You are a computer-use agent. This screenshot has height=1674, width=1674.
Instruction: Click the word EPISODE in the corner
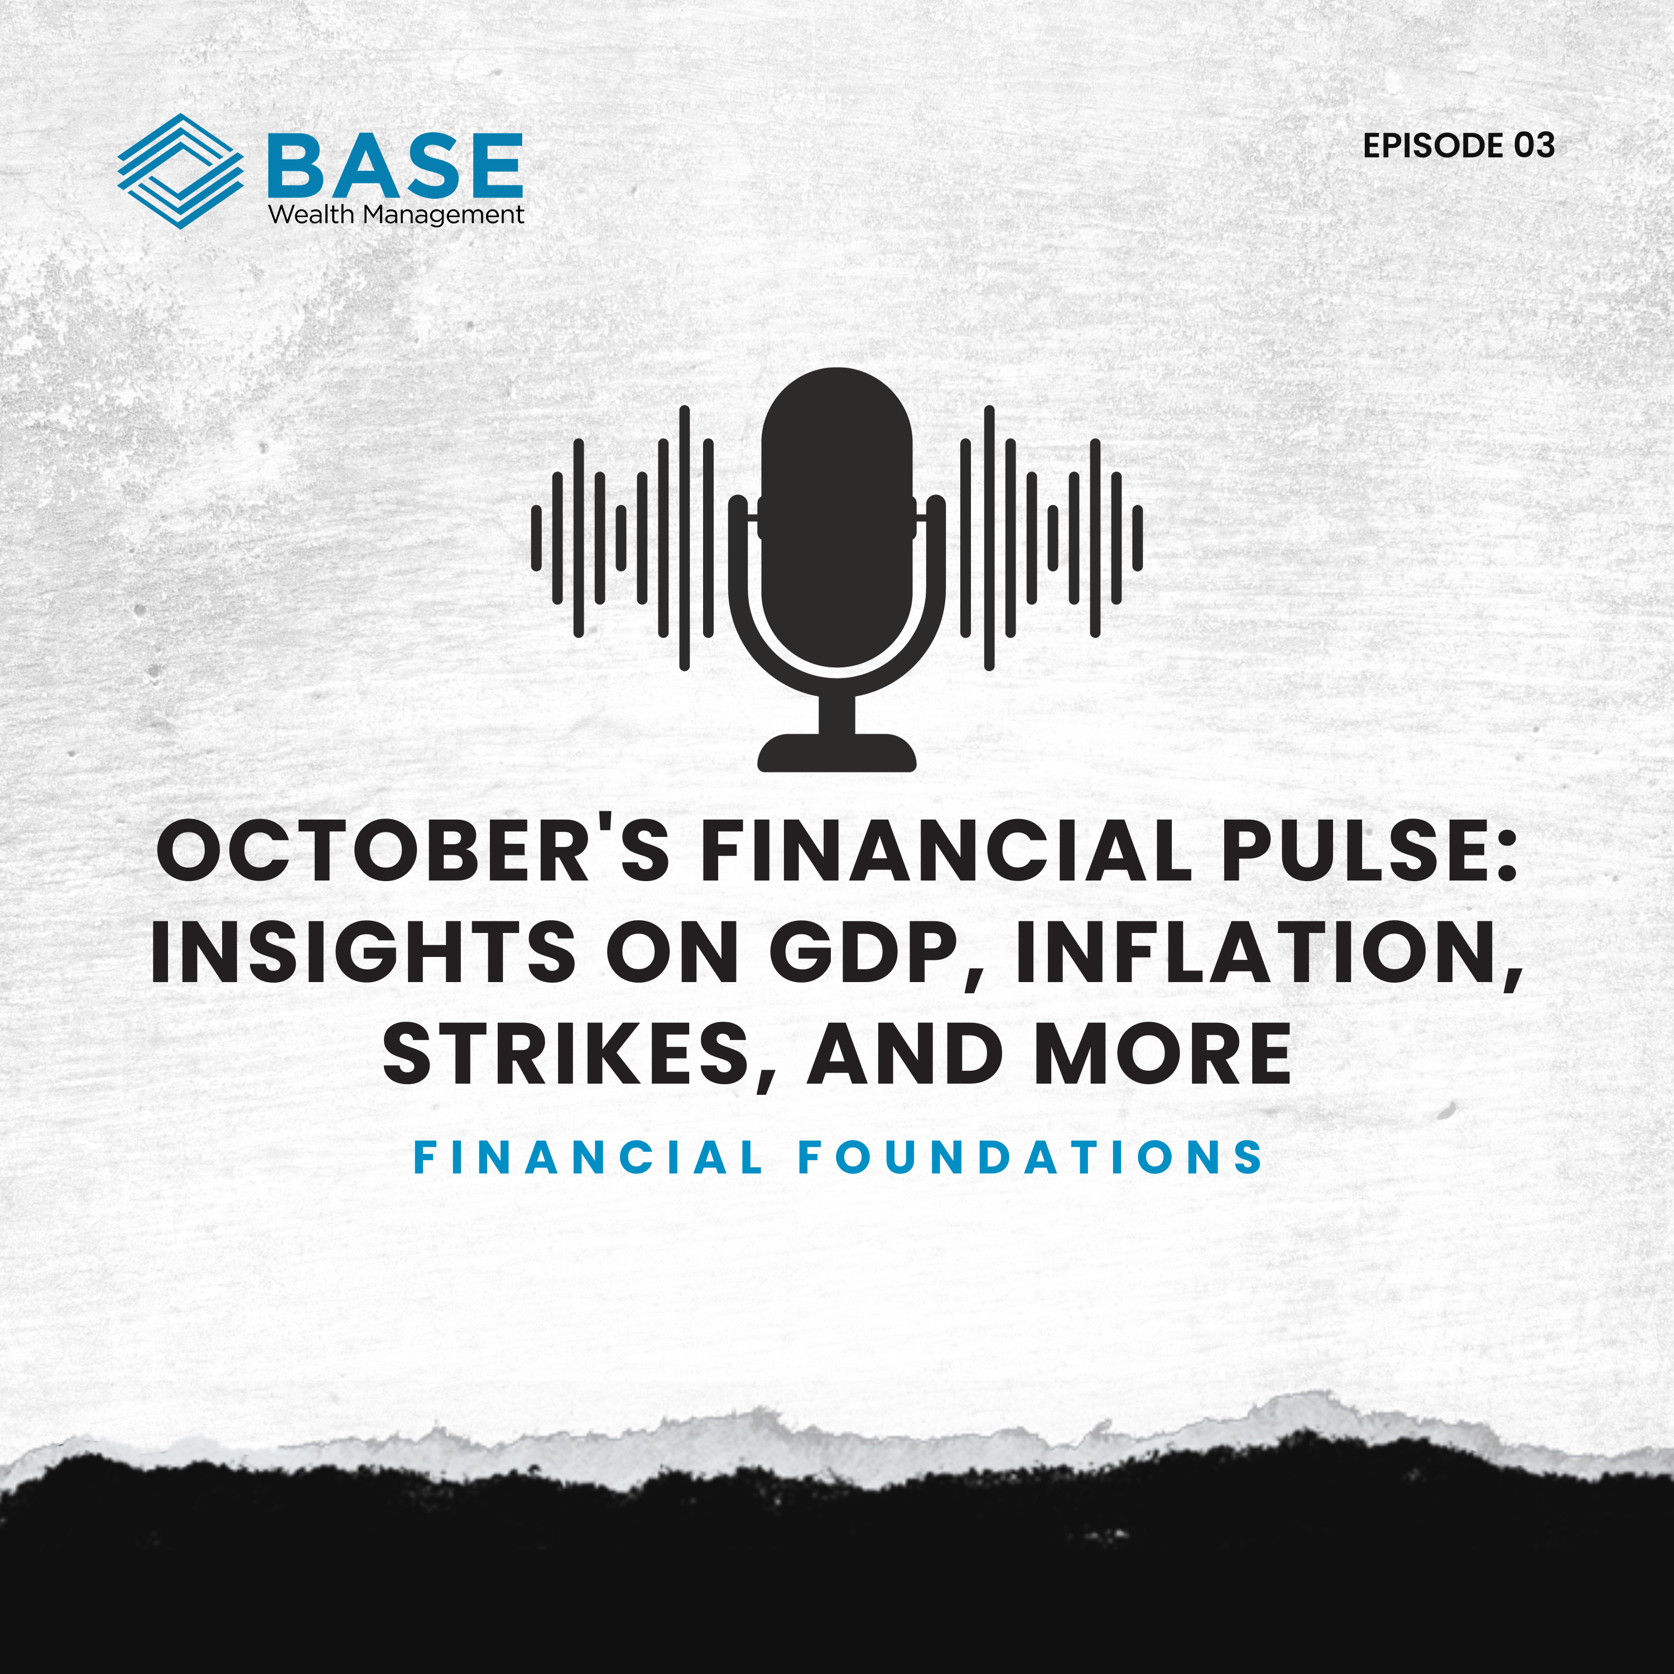(1434, 146)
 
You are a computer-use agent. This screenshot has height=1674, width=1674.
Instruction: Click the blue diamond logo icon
(180, 171)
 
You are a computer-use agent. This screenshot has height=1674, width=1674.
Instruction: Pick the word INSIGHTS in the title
(363, 953)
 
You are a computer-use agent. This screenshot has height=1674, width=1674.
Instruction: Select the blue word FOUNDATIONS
(1030, 1158)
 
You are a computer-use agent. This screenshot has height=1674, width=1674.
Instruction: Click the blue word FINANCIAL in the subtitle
(588, 1158)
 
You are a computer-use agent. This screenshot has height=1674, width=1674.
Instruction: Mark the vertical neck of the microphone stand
(837, 714)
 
